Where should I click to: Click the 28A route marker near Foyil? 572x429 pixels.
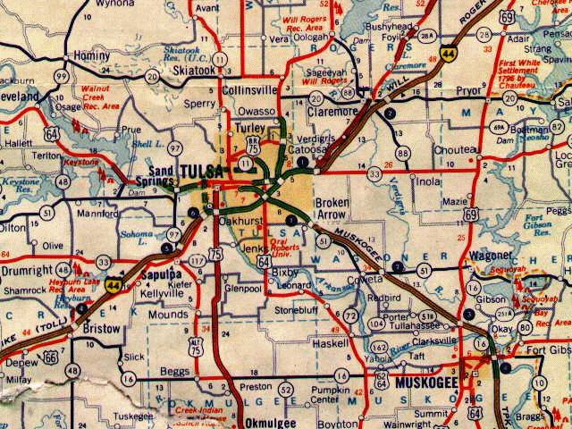427,36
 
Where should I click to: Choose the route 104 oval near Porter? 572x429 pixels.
375,317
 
